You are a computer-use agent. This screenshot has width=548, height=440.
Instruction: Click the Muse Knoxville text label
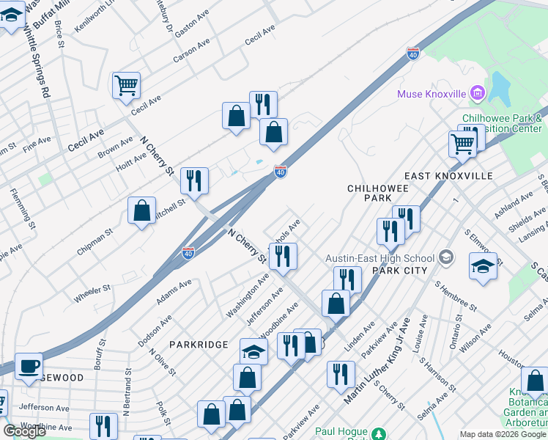click(x=432, y=94)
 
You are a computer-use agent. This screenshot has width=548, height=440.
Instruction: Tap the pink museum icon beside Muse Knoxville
click(x=478, y=93)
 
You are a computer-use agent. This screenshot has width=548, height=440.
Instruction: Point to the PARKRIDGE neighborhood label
click(x=196, y=344)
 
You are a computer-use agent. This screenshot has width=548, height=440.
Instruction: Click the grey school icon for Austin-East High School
click(x=445, y=257)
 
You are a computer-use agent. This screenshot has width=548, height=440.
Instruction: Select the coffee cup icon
click(x=29, y=365)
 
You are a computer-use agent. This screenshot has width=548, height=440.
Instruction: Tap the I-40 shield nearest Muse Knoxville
click(x=413, y=54)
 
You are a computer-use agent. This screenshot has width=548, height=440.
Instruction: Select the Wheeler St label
click(x=92, y=294)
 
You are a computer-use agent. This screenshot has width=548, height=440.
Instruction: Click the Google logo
click(x=24, y=431)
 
